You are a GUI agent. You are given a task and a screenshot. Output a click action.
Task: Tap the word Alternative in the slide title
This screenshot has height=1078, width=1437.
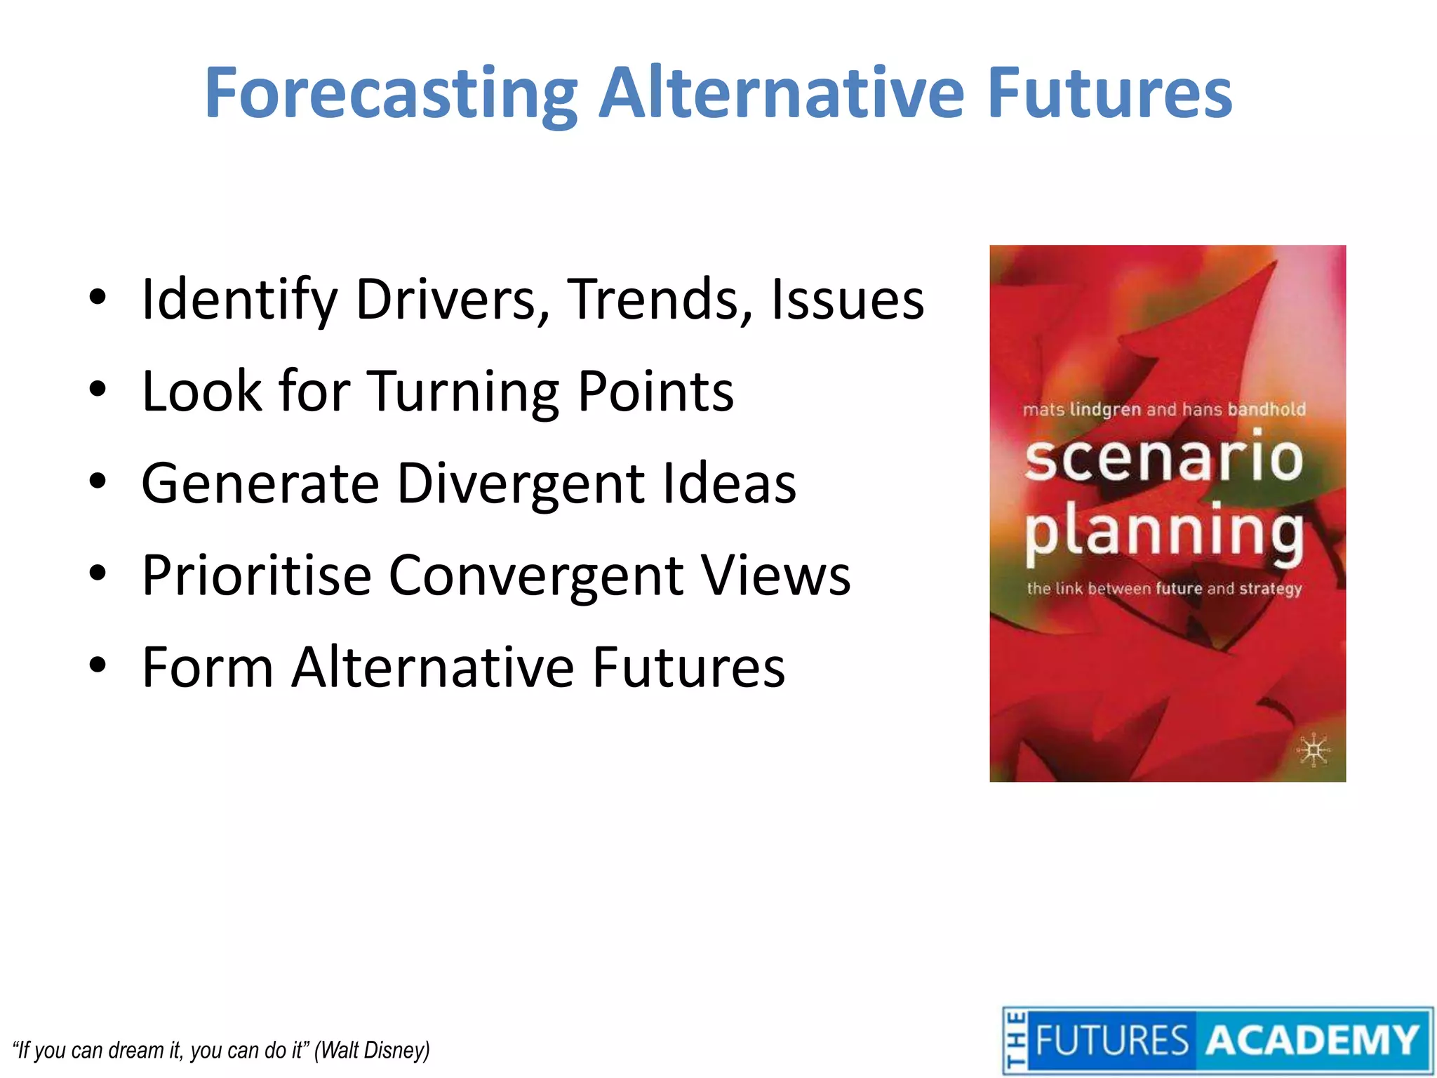782,93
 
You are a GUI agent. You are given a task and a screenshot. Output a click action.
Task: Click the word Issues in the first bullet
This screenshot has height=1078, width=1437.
848,300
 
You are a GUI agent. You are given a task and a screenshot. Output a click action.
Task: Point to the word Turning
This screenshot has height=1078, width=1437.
464,392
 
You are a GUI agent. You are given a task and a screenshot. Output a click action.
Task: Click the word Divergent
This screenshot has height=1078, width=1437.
521,484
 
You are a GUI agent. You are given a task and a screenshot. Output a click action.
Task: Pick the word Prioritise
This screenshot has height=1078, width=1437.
256,575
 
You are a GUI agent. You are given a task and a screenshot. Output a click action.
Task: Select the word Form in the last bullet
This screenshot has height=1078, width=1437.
208,667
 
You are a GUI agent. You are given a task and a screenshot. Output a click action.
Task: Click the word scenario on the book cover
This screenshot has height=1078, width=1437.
1163,459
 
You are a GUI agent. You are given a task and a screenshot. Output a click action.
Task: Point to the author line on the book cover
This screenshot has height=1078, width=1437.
1163,409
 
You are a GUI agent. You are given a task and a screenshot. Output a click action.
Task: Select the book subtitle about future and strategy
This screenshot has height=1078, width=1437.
1163,588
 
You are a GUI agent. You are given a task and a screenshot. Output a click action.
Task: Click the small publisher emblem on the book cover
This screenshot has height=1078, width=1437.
1313,751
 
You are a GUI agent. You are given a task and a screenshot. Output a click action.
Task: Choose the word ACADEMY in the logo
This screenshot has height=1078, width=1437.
1312,1040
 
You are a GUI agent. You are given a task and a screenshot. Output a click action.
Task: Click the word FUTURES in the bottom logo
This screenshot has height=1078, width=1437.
1112,1040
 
